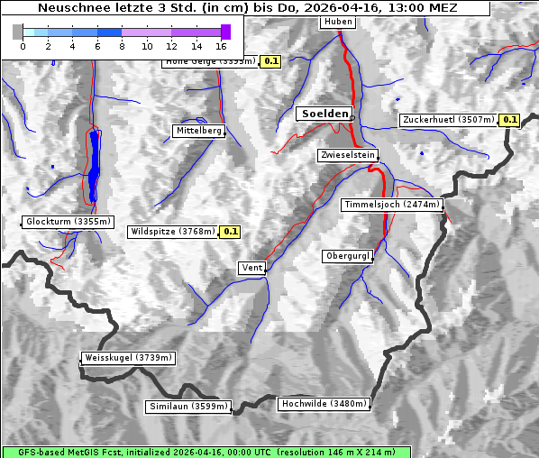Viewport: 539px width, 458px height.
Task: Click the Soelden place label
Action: click(324, 114)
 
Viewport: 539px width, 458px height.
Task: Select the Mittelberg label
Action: click(198, 131)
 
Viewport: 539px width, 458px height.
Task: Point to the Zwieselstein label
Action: click(347, 155)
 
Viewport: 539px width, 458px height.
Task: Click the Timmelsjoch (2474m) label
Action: click(392, 205)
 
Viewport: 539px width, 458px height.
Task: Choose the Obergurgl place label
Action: click(347, 256)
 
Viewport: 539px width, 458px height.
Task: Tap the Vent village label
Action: click(251, 268)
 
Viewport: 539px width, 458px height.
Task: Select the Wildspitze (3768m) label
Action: click(173, 232)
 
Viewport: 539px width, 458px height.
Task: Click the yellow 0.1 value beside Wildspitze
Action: click(231, 232)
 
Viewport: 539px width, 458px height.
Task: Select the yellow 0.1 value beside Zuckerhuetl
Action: click(510, 120)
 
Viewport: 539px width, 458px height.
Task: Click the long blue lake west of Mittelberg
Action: click(94, 167)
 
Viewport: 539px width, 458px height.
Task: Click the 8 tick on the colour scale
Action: click(122, 45)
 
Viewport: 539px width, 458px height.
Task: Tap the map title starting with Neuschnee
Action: click(247, 8)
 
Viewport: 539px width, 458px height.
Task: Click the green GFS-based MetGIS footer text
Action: click(206, 452)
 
